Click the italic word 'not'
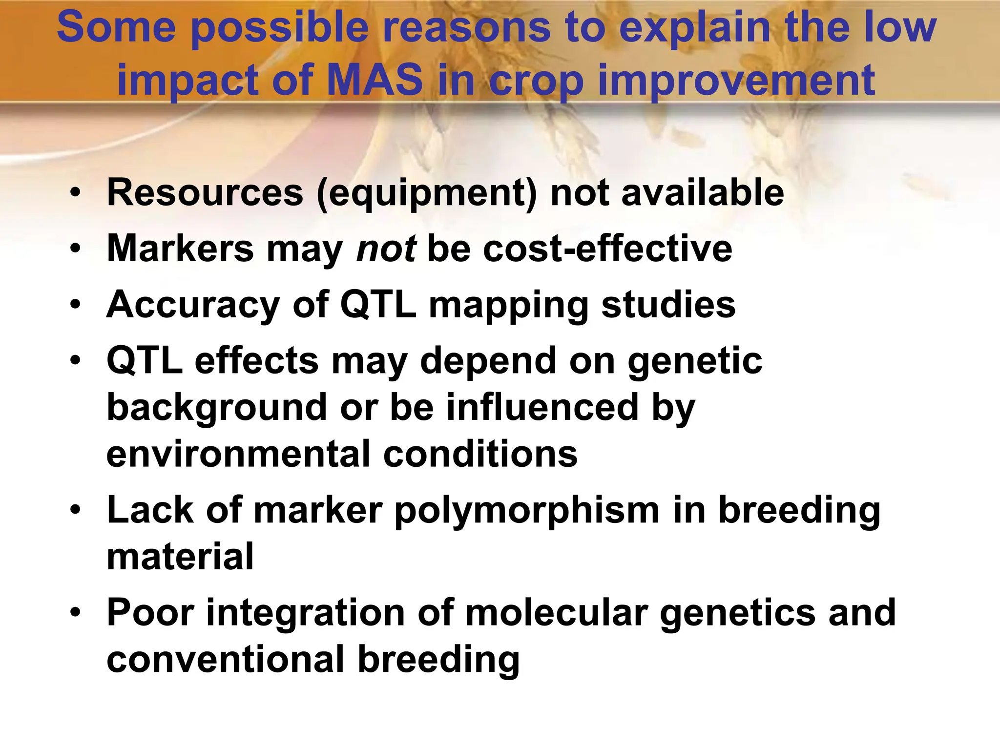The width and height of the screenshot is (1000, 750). coord(386,249)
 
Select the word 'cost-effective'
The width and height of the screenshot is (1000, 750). coord(607,249)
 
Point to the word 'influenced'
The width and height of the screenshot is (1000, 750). coord(542,407)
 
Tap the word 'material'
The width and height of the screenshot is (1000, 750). coord(180,557)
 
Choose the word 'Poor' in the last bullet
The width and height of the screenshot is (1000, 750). coord(150,613)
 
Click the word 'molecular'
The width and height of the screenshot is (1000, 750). coord(557,613)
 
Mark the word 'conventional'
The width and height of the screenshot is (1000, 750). coord(226,659)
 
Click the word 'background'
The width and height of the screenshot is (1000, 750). coord(217,408)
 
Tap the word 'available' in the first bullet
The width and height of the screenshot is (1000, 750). coord(703,192)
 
